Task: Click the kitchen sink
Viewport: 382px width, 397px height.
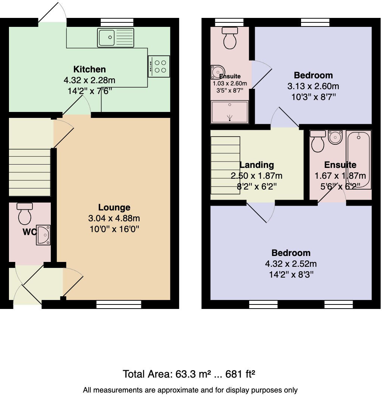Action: [x=116, y=38]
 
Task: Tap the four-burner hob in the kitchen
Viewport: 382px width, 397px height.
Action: [x=159, y=66]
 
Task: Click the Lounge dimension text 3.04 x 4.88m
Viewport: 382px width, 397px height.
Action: [x=114, y=218]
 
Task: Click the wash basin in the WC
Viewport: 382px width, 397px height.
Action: [x=44, y=235]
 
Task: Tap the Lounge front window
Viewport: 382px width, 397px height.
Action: [x=119, y=304]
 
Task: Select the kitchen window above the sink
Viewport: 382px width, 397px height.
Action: [x=112, y=22]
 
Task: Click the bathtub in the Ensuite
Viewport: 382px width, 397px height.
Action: [x=359, y=160]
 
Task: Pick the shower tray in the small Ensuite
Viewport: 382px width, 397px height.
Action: [x=229, y=112]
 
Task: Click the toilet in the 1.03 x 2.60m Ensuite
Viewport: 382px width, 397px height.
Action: [x=229, y=39]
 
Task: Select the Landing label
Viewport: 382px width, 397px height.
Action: [x=257, y=165]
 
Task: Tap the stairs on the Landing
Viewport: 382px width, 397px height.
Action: [x=225, y=165]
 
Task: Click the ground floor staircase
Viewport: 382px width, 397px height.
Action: [x=29, y=172]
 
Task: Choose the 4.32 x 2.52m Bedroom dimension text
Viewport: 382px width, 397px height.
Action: [x=291, y=264]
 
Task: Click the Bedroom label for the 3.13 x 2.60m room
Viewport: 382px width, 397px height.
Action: [x=313, y=75]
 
